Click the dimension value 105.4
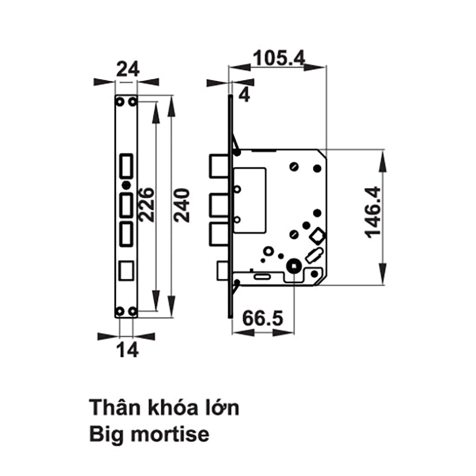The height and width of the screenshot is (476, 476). [x=278, y=58]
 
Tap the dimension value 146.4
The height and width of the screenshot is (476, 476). [x=372, y=212]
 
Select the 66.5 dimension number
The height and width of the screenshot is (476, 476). [x=263, y=318]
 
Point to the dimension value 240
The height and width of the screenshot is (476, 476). [x=182, y=205]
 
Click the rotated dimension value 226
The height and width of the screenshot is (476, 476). [x=146, y=204]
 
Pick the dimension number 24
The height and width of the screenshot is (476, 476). [x=128, y=69]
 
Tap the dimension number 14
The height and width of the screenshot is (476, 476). [x=127, y=349]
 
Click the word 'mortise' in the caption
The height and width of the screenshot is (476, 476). [x=170, y=434]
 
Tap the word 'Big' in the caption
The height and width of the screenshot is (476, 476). [x=107, y=436]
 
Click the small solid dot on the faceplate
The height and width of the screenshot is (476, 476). [x=126, y=185]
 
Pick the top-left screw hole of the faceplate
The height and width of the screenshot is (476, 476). [x=121, y=102]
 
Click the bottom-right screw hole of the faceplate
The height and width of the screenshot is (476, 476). [x=132, y=311]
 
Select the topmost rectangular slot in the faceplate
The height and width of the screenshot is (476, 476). [x=126, y=167]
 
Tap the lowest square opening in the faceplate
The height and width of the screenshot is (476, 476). [x=126, y=271]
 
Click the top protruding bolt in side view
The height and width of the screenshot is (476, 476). [x=218, y=166]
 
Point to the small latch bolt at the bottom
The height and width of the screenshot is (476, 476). [x=223, y=271]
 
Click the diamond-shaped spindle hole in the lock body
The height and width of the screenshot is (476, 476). [x=317, y=236]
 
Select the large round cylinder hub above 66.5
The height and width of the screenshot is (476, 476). [x=294, y=266]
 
